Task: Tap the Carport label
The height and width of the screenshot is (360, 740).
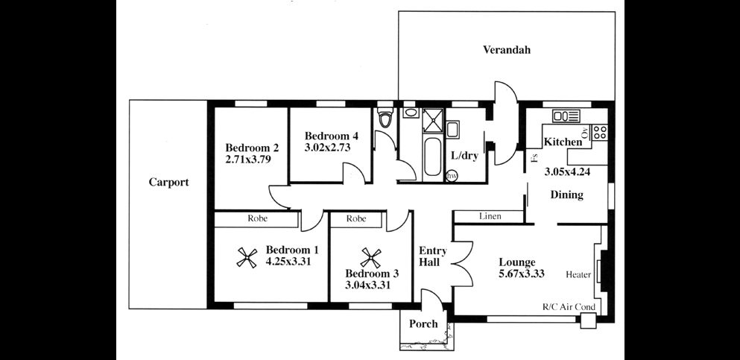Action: pos(168,182)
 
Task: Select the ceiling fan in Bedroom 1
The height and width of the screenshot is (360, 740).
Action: pos(247,257)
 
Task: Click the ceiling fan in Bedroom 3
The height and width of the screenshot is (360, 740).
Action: pos(370,258)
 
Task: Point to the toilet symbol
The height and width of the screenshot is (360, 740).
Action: pos(385,119)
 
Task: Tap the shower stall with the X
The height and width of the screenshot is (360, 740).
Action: pos(433,119)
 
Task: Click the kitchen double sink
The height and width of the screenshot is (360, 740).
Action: pos(566,116)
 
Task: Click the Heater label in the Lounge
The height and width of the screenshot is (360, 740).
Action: pos(578,275)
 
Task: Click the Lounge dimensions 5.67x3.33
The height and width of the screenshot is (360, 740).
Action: pos(521,274)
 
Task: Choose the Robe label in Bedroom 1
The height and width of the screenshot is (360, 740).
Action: pos(259,219)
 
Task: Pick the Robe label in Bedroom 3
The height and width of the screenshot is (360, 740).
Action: pos(356,219)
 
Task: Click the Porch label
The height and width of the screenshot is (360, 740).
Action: pos(423,324)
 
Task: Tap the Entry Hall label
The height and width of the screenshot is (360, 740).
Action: pos(432,257)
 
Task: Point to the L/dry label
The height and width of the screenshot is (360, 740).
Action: pos(464,157)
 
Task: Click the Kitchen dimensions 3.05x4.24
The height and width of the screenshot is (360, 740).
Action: pos(567,171)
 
